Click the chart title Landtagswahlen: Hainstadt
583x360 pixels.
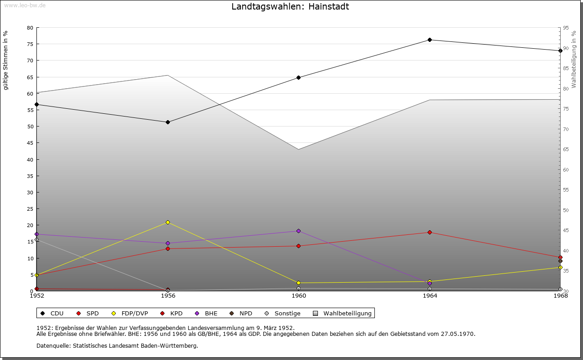[290, 7]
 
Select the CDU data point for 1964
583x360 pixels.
[430, 40]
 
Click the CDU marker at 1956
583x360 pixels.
[168, 122]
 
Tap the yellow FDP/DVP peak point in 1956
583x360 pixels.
[168, 222]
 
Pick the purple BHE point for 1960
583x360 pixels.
[298, 231]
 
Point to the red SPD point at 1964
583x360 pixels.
[430, 233]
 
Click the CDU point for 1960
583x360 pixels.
[298, 77]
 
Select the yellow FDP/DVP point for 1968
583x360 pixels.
[560, 267]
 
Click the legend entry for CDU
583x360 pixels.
[52, 314]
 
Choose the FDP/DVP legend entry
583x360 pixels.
[130, 314]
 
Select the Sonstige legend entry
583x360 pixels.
[282, 314]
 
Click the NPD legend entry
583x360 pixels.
[241, 314]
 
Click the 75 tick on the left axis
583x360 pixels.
[30, 44]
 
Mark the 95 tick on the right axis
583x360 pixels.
[566, 28]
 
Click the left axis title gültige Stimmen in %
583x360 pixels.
[6, 60]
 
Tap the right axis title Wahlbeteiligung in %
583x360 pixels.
[574, 60]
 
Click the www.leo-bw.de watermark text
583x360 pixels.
[25, 5]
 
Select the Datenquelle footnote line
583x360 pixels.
[117, 346]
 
